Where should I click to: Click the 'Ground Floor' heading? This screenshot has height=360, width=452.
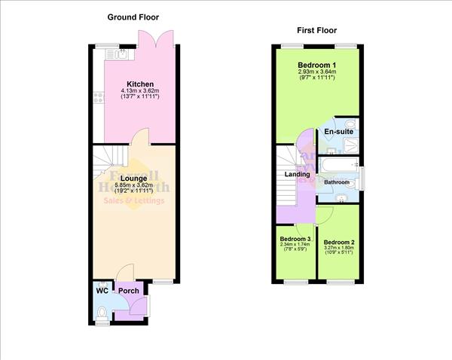point(133,17)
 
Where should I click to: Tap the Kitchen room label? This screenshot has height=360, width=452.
point(140,84)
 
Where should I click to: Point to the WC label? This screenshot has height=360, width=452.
point(101,291)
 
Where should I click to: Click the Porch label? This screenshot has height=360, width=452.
point(128,291)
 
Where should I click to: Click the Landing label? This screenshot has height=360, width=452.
point(297,175)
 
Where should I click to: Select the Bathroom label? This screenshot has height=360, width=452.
point(337,182)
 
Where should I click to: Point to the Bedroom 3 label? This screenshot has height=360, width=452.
point(296,239)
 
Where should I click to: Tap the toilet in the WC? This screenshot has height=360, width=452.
point(102,312)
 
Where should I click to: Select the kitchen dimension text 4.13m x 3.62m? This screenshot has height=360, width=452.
point(140,92)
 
